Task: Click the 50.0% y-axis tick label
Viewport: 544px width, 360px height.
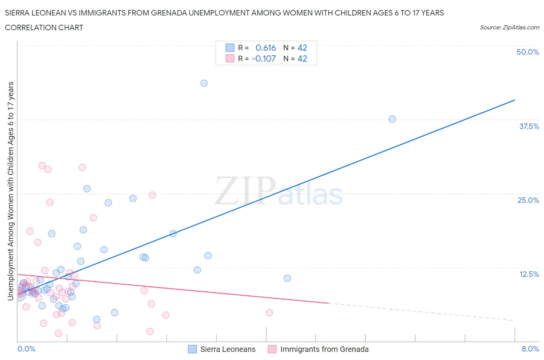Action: (528, 52)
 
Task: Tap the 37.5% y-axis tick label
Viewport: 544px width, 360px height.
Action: (529, 126)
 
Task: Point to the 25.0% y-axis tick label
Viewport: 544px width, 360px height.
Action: (528, 200)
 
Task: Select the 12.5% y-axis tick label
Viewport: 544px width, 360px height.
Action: (529, 274)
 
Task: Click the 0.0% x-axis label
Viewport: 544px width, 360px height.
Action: (26, 349)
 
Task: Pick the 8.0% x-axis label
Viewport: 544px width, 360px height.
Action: (530, 349)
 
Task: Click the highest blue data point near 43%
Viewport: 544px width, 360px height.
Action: (204, 83)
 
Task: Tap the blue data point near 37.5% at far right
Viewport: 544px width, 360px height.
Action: (392, 119)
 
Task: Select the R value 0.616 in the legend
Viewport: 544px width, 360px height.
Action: (265, 48)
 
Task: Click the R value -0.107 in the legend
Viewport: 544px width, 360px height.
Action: (263, 58)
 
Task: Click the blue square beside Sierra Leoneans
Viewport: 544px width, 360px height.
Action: (192, 349)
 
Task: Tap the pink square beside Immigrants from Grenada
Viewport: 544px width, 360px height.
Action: (272, 349)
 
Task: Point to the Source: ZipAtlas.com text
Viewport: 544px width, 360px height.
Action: (509, 27)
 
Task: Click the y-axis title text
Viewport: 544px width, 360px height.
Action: (10, 191)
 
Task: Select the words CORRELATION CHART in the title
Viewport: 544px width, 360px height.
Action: (44, 27)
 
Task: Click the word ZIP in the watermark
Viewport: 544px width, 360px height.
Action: (245, 191)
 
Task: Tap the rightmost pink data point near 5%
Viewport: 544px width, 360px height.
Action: (269, 312)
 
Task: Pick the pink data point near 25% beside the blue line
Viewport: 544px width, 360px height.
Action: (152, 195)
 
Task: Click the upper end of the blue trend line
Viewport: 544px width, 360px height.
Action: (515, 100)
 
